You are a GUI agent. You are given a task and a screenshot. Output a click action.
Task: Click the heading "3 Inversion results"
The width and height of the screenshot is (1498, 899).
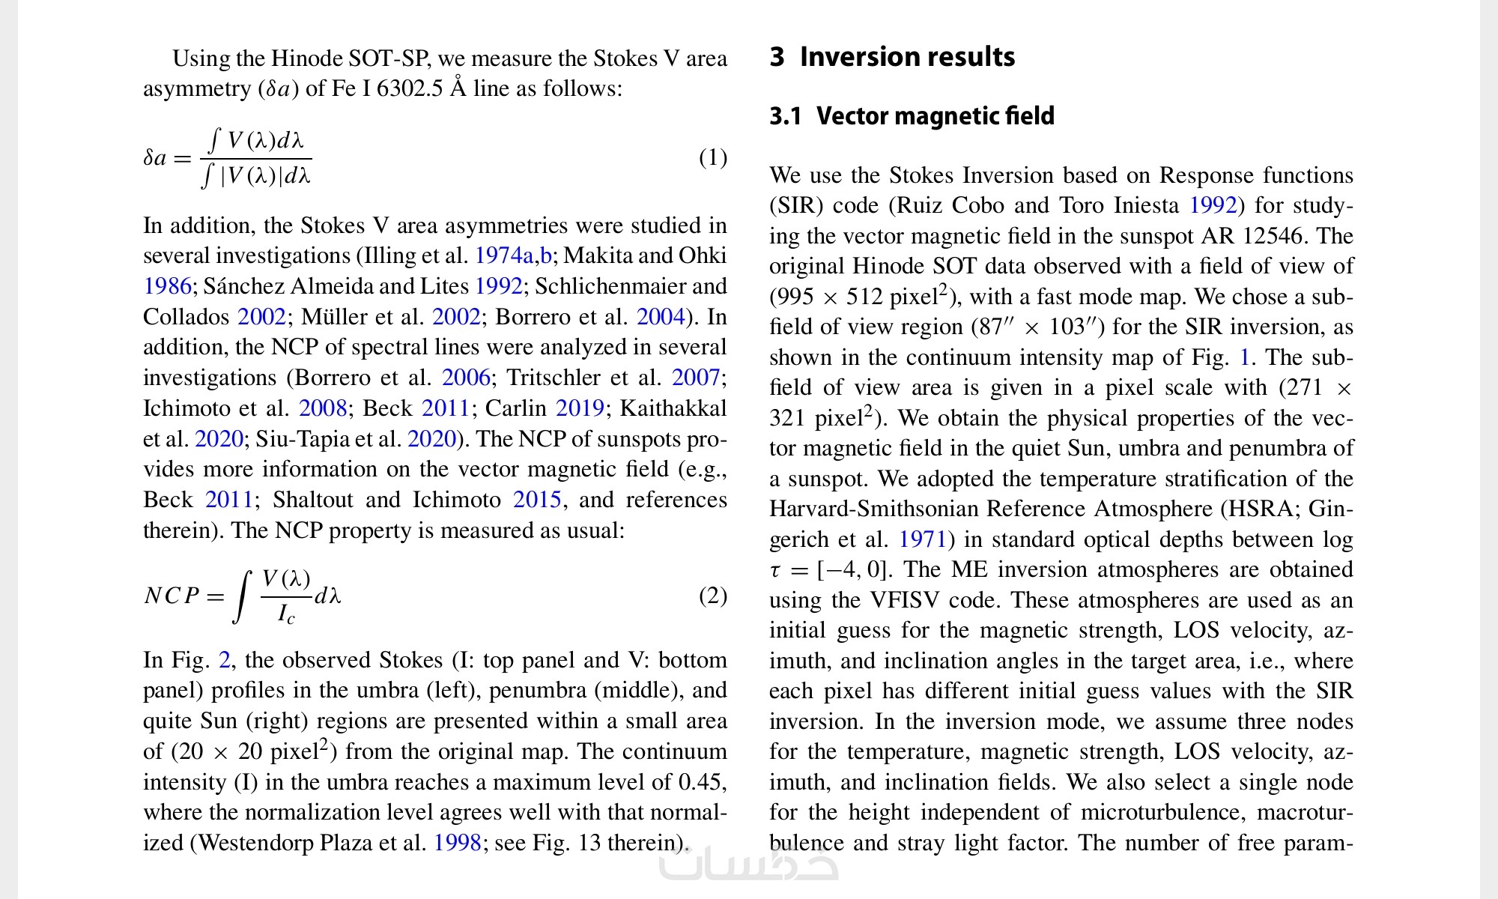tap(892, 57)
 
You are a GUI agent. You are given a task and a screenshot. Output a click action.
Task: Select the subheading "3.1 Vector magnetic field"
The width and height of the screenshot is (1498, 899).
tap(912, 116)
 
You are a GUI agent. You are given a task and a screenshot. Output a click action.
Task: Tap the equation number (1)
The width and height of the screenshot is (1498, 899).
tap(712, 157)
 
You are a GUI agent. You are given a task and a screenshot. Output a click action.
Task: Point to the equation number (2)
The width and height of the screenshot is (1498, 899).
tap(712, 596)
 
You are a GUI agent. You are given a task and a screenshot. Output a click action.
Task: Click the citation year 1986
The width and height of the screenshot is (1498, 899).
tap(167, 286)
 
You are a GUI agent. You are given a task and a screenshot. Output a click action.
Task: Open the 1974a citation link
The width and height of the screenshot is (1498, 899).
tap(504, 255)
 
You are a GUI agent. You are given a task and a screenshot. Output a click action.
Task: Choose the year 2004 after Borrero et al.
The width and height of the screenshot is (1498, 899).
tap(660, 317)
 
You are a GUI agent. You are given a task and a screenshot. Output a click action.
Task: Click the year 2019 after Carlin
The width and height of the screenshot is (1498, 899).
tap(579, 408)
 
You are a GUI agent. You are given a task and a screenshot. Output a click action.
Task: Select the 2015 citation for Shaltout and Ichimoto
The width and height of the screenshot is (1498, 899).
tap(536, 500)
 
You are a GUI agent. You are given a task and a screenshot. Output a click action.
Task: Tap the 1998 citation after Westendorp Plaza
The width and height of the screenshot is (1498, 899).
tap(457, 843)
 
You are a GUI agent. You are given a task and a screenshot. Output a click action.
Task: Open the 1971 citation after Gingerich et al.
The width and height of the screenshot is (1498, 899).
tap(922, 539)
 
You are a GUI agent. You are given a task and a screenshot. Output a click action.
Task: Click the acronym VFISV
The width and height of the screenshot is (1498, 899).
tap(901, 600)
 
